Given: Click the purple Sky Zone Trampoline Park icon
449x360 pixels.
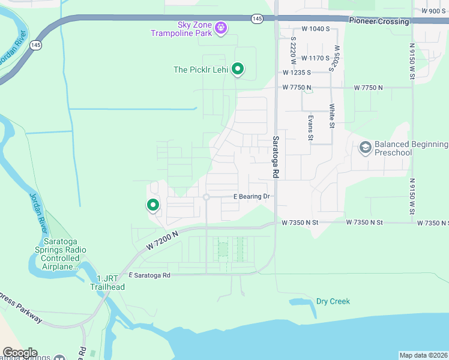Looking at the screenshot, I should [221, 27].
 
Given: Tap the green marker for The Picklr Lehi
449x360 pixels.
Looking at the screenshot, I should [238, 69].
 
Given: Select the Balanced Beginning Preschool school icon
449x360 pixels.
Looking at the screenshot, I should [364, 147].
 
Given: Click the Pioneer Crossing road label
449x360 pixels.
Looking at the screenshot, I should [379, 21].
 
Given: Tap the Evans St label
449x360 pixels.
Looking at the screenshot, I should [310, 128].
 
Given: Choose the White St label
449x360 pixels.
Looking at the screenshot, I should [331, 116].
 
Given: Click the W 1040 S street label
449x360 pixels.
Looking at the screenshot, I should [316, 29].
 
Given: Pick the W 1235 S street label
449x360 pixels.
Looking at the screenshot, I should [297, 73].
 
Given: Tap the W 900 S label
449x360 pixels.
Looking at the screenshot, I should [433, 11].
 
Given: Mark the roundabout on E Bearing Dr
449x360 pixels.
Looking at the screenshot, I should [206, 197].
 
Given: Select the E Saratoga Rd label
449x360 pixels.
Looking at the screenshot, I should [149, 275].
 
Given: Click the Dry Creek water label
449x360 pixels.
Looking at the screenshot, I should [333, 301].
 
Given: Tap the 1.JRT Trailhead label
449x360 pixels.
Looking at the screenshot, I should [107, 283].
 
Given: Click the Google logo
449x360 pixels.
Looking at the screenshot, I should [20, 353].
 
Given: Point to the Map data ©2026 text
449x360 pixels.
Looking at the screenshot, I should [423, 355].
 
